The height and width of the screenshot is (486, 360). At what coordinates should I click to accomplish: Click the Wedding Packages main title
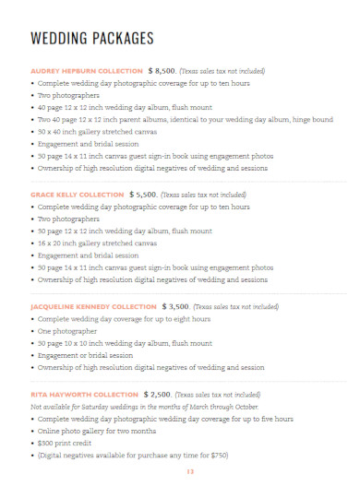(x=92, y=39)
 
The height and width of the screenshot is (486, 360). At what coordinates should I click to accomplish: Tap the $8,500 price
(x=162, y=70)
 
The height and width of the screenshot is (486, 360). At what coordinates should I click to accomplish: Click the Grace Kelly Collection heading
(x=78, y=195)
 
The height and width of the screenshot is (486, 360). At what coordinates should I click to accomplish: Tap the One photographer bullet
(x=67, y=330)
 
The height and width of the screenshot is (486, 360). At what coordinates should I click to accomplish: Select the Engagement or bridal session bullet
(x=90, y=354)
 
